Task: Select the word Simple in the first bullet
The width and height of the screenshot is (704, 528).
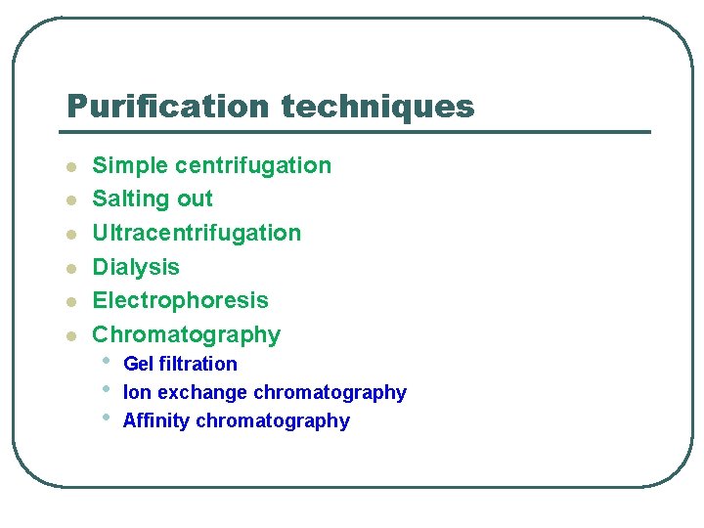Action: tap(130, 165)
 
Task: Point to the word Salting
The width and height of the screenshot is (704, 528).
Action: tap(128, 198)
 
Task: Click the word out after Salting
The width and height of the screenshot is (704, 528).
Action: tap(195, 198)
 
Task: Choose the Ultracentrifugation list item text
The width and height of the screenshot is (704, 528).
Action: tap(197, 233)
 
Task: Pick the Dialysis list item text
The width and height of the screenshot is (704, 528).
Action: tap(136, 267)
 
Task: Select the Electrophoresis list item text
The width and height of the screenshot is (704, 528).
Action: tap(180, 300)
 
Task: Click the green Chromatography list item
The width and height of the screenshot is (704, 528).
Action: tap(186, 334)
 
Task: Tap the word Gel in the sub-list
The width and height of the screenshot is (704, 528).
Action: tap(138, 364)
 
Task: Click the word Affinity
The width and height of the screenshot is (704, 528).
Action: tap(156, 420)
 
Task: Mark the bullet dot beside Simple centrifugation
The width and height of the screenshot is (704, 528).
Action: tap(70, 167)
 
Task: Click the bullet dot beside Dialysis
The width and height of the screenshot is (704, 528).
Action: tap(70, 268)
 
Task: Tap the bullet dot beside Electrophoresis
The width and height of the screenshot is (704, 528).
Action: tap(70, 302)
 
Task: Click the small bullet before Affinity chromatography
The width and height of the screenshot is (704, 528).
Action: tap(106, 418)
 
